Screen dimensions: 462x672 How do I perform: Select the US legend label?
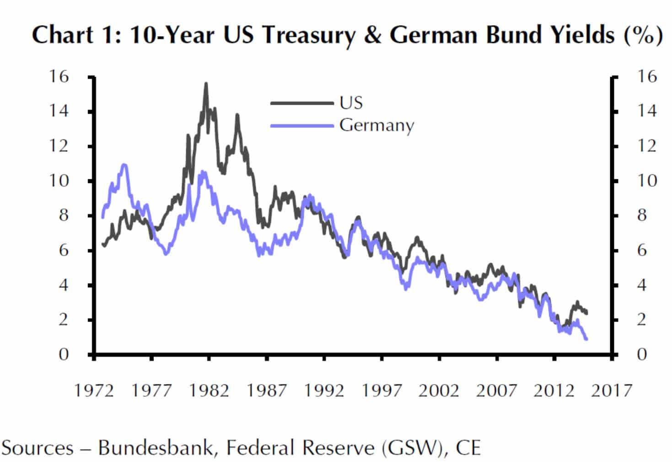(351, 103)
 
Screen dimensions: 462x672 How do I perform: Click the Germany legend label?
(376, 125)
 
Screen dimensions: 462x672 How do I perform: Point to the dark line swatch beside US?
(302, 103)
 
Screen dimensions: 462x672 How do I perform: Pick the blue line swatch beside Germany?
(302, 125)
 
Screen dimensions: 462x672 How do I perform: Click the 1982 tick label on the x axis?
(209, 391)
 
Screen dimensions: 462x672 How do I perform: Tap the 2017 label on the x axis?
(611, 391)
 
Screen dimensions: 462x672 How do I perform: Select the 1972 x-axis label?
(94, 391)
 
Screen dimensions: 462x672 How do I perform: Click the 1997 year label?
(382, 391)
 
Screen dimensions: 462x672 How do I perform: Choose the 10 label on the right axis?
(646, 181)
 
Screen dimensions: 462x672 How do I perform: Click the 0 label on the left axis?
(63, 354)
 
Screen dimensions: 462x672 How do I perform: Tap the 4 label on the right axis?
(642, 285)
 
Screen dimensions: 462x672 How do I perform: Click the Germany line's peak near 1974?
(124, 165)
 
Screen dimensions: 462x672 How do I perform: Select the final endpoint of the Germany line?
(586, 339)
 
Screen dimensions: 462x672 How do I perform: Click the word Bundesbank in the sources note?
(156, 448)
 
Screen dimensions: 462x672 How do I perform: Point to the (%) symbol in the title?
(643, 35)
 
